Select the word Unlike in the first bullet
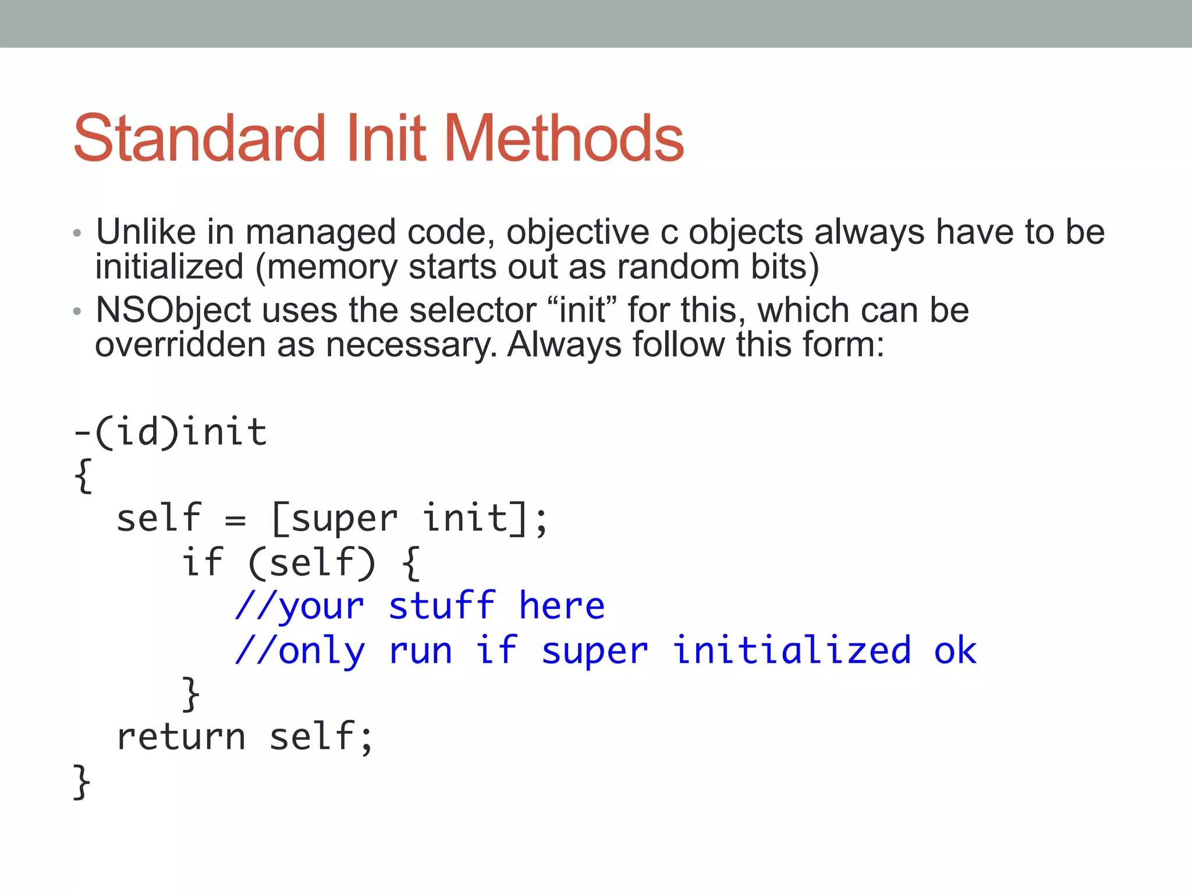146,232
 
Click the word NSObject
173,310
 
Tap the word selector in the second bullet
472,310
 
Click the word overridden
180,345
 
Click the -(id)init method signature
170,432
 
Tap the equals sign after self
235,519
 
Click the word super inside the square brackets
344,519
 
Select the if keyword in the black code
202,562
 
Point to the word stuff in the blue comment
442,606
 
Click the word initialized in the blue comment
792,650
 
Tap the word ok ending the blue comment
955,650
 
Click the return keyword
181,737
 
